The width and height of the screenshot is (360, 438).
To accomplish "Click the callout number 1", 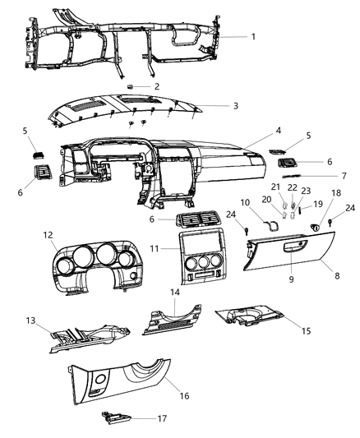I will tap(253, 36).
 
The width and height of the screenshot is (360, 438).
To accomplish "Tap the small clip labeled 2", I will tap(132, 85).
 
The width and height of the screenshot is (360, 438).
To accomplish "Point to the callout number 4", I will tap(255, 131).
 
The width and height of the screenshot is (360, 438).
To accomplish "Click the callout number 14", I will tap(173, 293).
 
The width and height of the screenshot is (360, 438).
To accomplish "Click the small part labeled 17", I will tap(114, 419).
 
